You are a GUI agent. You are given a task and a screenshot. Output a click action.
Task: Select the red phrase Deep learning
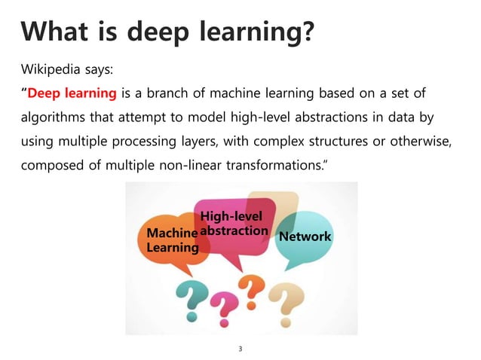(72, 93)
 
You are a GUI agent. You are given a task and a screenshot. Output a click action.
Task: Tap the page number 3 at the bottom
(240, 349)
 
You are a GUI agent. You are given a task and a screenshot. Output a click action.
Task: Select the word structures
(344, 141)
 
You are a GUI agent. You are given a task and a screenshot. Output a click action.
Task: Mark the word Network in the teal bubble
(305, 236)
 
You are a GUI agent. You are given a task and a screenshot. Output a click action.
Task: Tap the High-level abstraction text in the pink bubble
(233, 224)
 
